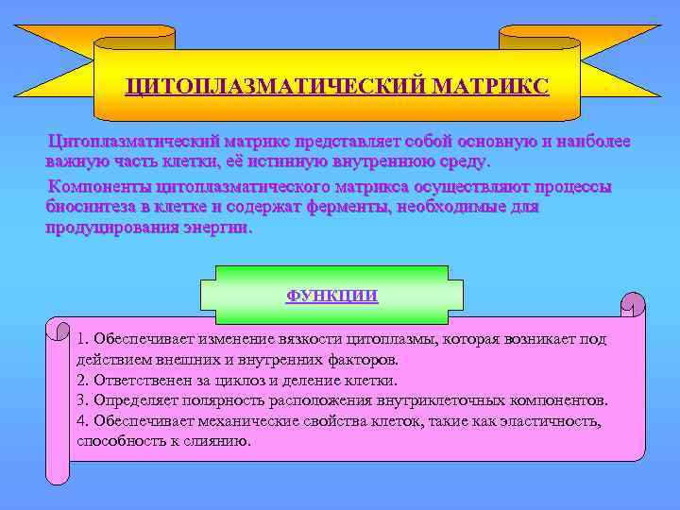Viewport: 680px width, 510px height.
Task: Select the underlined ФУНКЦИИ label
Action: coord(331,296)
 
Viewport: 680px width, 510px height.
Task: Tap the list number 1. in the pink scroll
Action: coord(83,339)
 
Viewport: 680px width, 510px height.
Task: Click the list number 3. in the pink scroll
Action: coord(83,400)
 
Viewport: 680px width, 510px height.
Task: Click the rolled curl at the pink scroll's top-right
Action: coord(632,305)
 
